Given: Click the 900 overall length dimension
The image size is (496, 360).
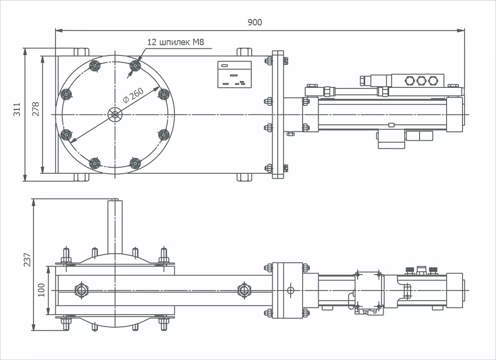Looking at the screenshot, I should (x=254, y=22).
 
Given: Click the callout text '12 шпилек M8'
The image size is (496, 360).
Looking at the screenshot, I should (x=176, y=42).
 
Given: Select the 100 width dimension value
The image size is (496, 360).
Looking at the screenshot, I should (x=41, y=290).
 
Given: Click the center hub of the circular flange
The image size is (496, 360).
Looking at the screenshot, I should (x=115, y=115).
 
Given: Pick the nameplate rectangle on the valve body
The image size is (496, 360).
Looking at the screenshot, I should (x=234, y=74).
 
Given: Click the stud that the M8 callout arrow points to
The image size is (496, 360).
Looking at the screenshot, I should (x=134, y=65).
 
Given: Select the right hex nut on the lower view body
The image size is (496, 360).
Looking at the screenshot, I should (x=243, y=290).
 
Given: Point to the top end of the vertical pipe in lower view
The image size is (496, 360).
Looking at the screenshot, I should (x=115, y=201).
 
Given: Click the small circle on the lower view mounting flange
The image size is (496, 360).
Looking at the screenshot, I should (x=290, y=290).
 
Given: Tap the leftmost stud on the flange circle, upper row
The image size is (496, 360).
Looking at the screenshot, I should (x=65, y=94).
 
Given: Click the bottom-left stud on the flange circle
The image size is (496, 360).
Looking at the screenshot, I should (x=94, y=163).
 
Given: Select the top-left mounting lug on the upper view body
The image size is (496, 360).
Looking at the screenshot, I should (x=81, y=51).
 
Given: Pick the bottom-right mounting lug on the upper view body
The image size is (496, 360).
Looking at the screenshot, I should (x=243, y=177).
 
